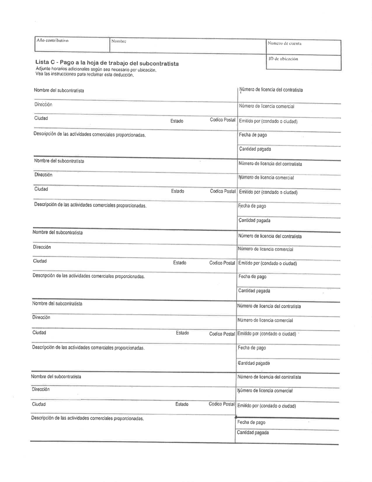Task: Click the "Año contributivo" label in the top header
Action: [x=52, y=40]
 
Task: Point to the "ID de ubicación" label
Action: [x=283, y=59]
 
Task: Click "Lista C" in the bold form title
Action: [x=45, y=63]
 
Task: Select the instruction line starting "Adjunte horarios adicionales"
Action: [x=96, y=69]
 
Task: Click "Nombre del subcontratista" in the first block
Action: [x=59, y=91]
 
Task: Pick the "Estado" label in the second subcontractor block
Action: [x=177, y=191]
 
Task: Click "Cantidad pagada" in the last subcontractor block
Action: [x=253, y=433]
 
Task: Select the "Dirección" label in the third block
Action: [x=42, y=247]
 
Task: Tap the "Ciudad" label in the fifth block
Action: [x=39, y=404]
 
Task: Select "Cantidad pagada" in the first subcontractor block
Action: [x=255, y=149]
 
